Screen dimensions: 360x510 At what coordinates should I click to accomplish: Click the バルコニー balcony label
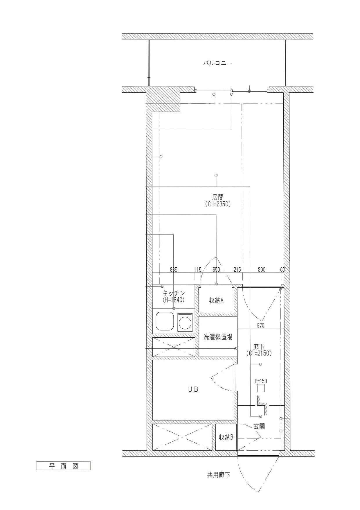point(217,63)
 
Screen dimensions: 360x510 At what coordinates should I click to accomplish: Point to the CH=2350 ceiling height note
point(218,204)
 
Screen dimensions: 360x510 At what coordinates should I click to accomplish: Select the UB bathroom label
point(193,389)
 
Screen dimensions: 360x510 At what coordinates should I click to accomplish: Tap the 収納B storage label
point(226,437)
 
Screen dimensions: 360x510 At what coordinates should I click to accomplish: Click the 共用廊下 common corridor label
point(218,475)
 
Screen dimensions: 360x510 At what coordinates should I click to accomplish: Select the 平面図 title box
point(63,466)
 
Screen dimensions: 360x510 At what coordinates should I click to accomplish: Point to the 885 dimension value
point(173,269)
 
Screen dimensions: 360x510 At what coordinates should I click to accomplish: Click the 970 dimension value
point(260,325)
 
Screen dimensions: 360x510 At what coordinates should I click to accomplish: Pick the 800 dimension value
point(261,269)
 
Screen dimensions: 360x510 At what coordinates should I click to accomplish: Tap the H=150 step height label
point(261,381)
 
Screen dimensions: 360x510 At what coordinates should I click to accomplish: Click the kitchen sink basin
point(164,322)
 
